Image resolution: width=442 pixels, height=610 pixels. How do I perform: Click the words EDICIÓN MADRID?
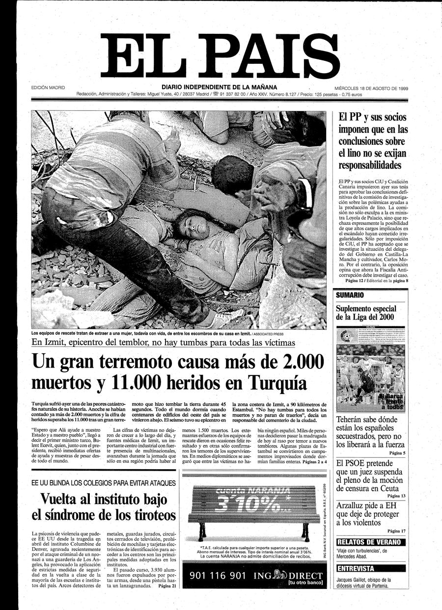tap(48, 88)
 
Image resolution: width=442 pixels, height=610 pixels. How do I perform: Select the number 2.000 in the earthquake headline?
tap(290, 363)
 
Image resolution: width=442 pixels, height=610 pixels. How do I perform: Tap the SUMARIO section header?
tap(350, 295)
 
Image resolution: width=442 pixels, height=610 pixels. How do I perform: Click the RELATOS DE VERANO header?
tap(371, 542)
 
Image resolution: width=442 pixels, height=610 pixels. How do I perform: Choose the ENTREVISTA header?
tap(356, 569)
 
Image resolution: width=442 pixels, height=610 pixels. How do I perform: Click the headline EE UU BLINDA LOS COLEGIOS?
tap(103, 483)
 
